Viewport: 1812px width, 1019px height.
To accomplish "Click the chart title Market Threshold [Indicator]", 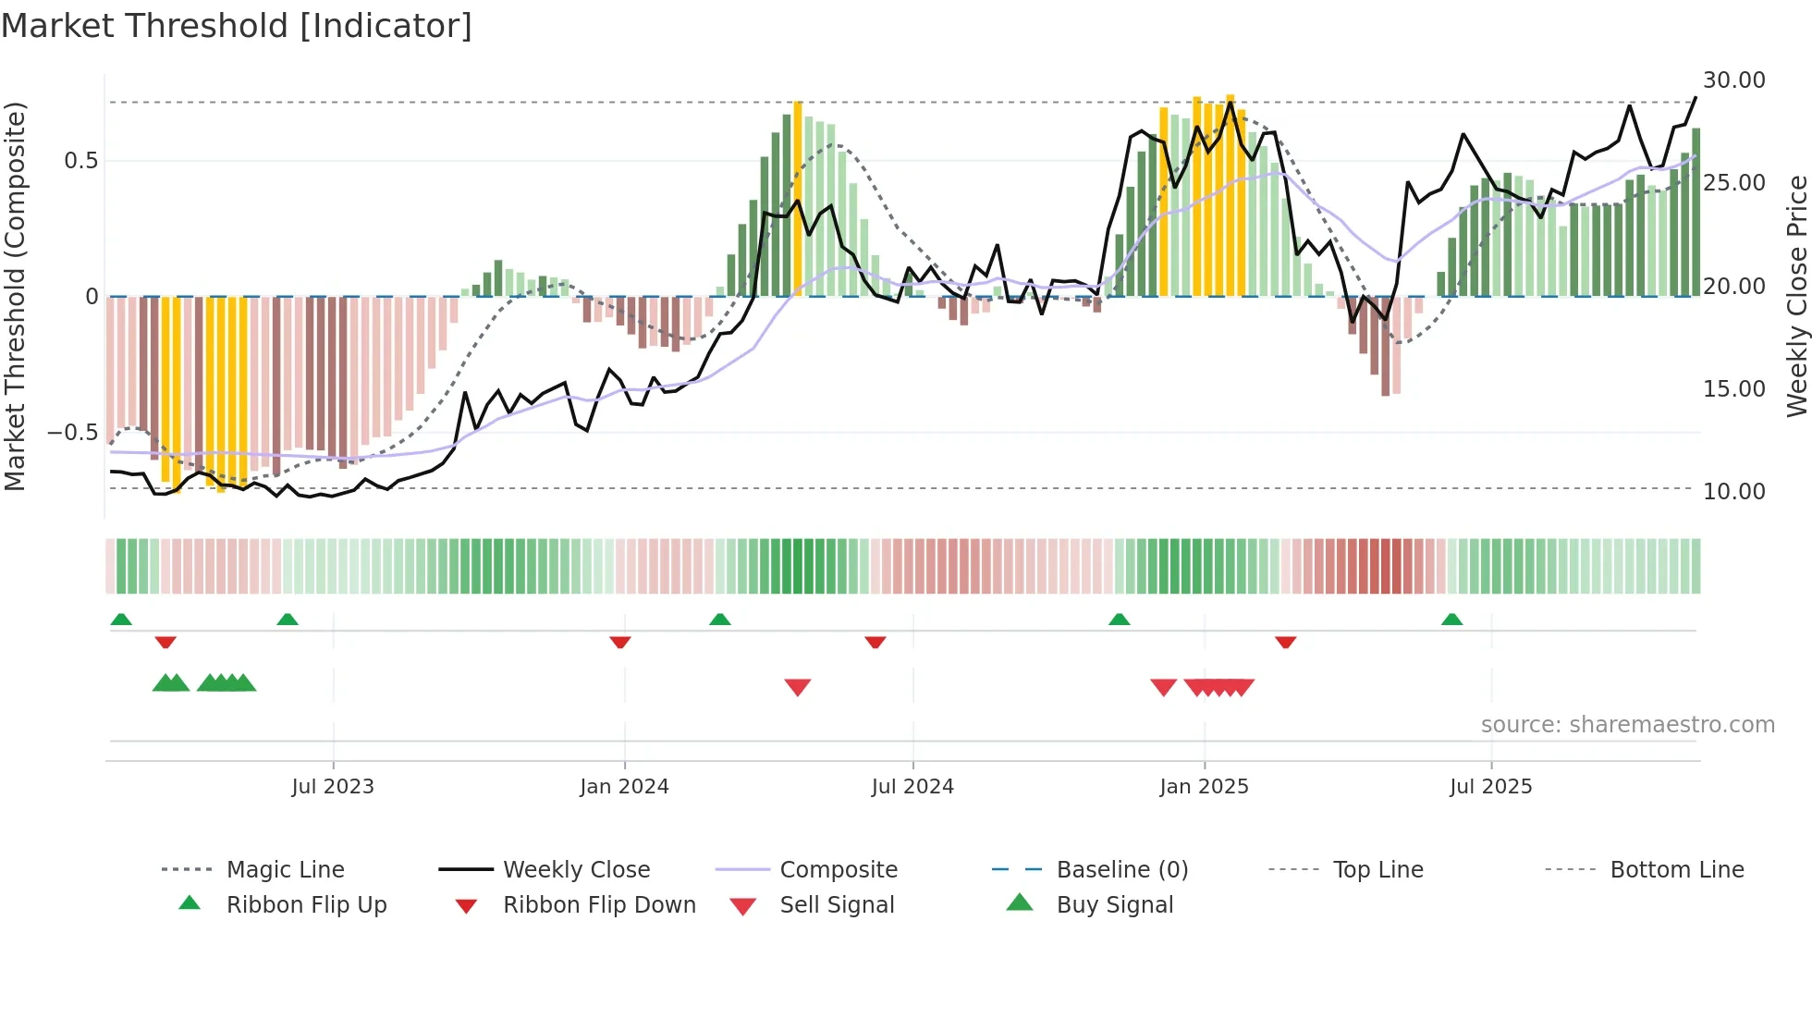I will (x=237, y=26).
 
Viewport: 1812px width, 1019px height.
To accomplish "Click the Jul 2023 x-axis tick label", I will (x=333, y=787).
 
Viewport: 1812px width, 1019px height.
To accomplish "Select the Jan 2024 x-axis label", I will (x=624, y=787).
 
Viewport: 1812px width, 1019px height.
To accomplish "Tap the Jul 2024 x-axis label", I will (x=912, y=787).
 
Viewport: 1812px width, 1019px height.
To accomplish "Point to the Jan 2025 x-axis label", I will (x=1204, y=787).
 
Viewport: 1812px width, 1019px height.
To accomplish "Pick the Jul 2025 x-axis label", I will (x=1490, y=787).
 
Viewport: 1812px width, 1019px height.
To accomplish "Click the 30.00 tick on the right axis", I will (x=1733, y=80).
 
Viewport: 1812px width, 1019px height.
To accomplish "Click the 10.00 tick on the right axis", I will (x=1733, y=492).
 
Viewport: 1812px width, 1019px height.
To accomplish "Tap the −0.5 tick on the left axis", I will (x=72, y=433).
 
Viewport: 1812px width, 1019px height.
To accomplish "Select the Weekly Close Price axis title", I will (x=1796, y=296).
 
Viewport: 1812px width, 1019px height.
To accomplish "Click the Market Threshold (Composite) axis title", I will (x=15, y=296).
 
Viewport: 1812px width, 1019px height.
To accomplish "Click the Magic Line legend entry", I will (x=285, y=870).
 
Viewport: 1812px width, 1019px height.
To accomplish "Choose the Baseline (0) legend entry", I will (x=1121, y=870).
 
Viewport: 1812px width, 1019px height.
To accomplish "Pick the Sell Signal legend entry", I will (x=836, y=905).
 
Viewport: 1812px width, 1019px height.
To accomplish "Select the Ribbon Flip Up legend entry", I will (x=306, y=905).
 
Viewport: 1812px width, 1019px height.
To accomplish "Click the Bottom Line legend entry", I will (x=1676, y=870).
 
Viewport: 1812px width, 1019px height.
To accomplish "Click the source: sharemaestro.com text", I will (x=1627, y=725).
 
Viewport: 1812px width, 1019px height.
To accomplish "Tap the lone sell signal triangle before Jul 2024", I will (x=797, y=687).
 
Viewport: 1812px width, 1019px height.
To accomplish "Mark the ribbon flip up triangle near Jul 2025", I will (x=1451, y=620).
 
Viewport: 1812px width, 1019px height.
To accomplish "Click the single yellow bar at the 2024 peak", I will (x=798, y=199).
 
